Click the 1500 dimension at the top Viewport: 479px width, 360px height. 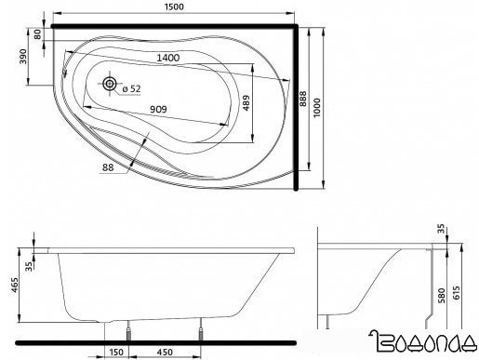(x=171, y=7)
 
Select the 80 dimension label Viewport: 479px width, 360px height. (x=37, y=34)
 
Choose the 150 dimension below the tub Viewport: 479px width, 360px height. (x=115, y=353)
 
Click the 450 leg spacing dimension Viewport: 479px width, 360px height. (x=164, y=353)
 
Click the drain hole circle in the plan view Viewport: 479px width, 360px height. (x=112, y=85)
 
